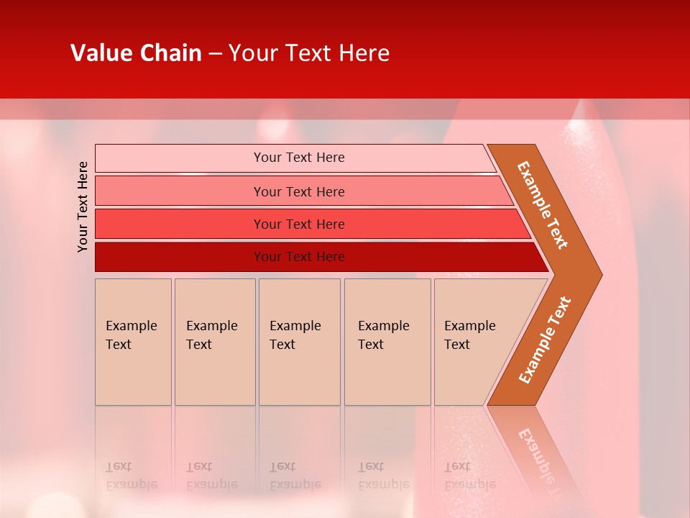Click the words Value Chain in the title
point(136,53)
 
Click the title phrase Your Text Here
point(309,53)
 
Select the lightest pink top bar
point(180,158)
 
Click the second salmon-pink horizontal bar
point(180,191)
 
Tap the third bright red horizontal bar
point(180,224)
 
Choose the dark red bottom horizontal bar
point(180,257)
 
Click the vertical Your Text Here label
point(83,206)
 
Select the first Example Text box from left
point(133,342)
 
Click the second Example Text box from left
point(215,342)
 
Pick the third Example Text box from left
point(299,342)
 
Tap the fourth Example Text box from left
point(387,342)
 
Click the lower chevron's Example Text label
point(545,340)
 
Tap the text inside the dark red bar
point(299,257)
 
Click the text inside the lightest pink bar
point(299,158)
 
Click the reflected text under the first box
point(131,476)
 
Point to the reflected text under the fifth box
point(469,476)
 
